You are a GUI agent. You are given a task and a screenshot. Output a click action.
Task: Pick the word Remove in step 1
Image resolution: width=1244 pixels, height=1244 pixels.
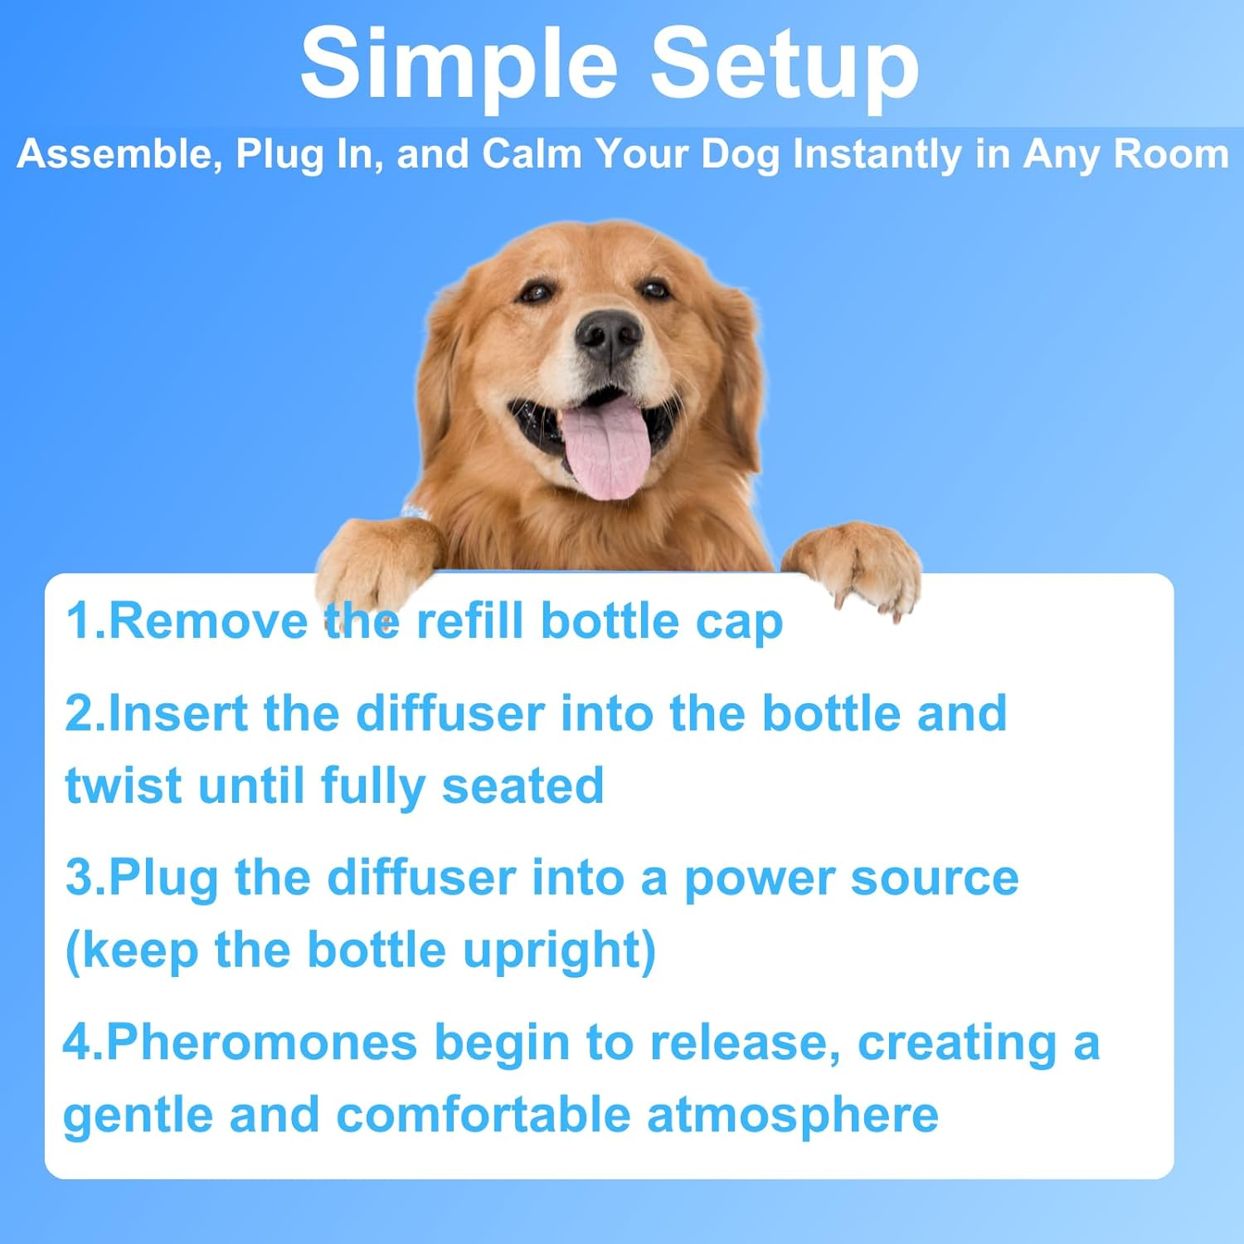point(208,621)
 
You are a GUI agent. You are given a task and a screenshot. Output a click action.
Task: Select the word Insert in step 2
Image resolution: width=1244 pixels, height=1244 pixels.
point(177,713)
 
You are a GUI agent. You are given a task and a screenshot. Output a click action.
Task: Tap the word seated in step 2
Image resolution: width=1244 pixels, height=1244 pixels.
point(522,785)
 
